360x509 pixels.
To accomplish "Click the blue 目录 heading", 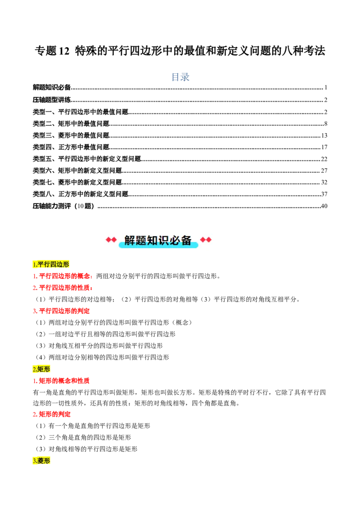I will click(180, 77).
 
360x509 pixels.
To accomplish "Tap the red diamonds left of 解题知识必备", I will click(111, 240).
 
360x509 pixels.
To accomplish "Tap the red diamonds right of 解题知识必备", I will click(206, 240).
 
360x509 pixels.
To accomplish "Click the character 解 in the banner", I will click(130, 240).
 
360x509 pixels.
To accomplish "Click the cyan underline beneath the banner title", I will click(158, 246).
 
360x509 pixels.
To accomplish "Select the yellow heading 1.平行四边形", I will click(51, 264).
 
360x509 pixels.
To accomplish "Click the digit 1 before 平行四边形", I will click(34, 264).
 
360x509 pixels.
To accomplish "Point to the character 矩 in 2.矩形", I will click(40, 369).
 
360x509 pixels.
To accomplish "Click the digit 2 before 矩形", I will click(34, 369).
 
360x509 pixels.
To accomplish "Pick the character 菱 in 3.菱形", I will click(40, 461).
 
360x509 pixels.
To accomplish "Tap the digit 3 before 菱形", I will click(34, 461).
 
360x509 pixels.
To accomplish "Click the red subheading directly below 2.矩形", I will click(61, 381).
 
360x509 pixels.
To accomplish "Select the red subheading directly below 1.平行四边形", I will click(63, 276).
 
